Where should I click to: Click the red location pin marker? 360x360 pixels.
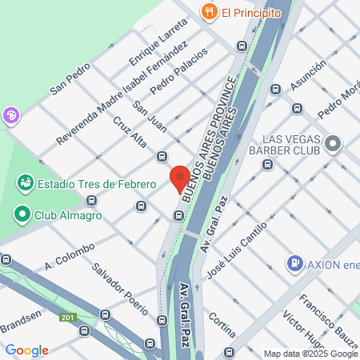[x=179, y=178]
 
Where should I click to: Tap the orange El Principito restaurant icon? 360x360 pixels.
[x=210, y=11]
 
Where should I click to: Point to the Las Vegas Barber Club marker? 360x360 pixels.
[x=332, y=144]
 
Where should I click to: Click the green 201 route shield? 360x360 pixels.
[x=67, y=318]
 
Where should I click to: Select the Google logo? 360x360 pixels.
[x=26, y=350]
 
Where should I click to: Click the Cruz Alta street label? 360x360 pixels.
[x=130, y=132]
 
